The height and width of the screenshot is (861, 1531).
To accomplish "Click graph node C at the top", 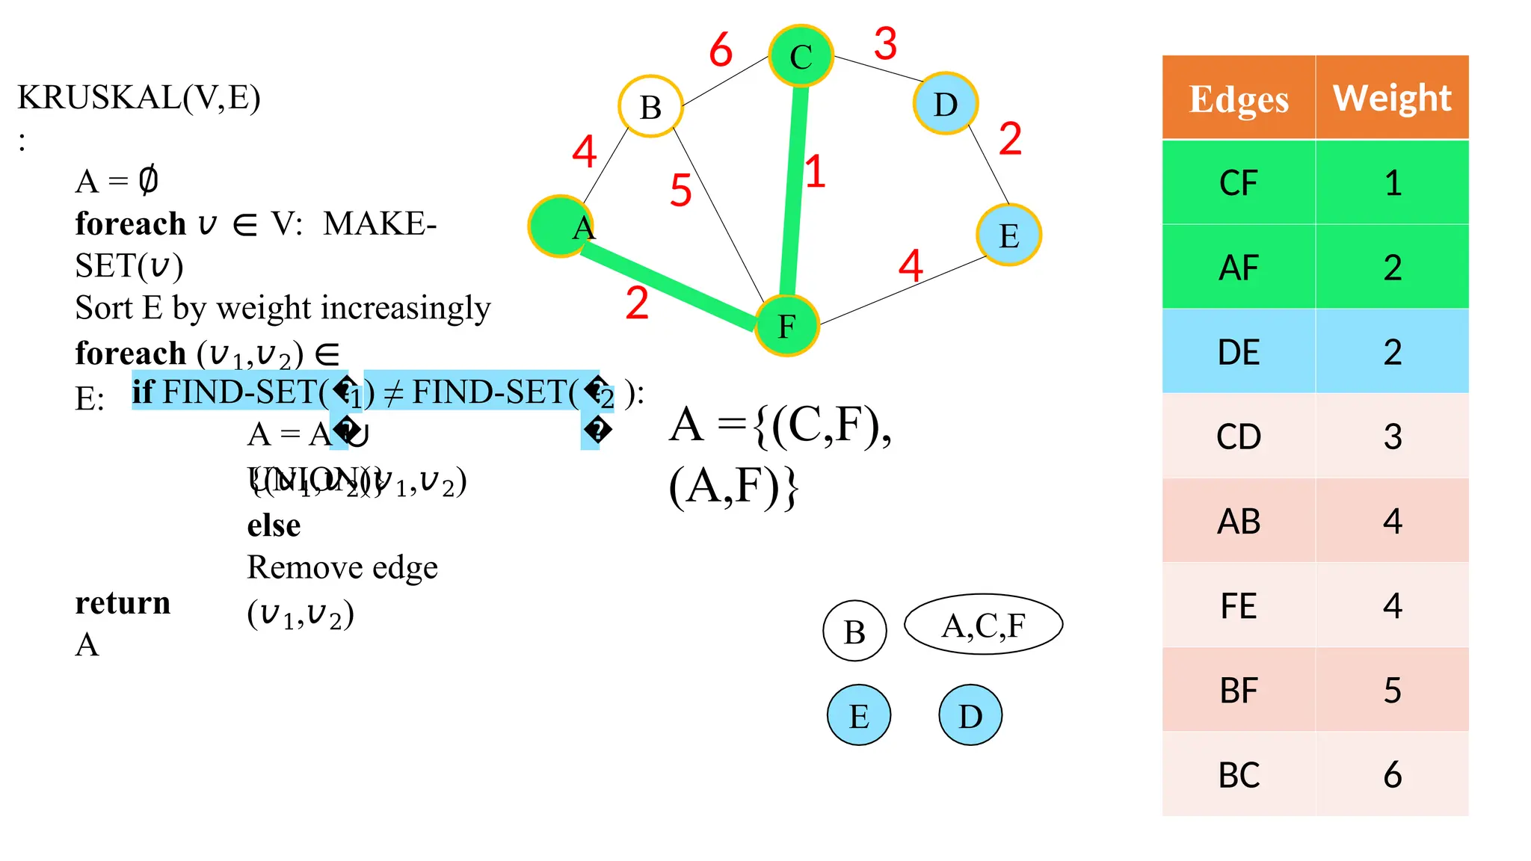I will coord(801,56).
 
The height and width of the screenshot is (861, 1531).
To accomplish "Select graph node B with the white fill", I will coord(650,107).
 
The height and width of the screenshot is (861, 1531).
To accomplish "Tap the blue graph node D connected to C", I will coord(945,104).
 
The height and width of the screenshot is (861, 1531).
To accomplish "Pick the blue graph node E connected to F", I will coord(1008,235).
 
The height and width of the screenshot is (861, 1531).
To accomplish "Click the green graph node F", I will coord(786,326).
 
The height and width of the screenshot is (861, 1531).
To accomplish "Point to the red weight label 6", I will coord(721,50).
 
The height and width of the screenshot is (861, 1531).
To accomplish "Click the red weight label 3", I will coord(885,43).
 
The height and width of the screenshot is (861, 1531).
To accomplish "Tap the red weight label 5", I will coord(680,190).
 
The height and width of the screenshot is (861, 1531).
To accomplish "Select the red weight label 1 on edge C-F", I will coord(815,171).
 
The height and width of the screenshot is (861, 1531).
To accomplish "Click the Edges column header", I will coord(1239,99).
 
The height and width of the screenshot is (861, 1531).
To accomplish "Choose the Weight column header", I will coord(1392,98).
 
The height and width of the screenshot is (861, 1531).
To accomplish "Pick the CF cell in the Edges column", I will coord(1239,183).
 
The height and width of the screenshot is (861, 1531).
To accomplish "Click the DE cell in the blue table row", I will coord(1239,352).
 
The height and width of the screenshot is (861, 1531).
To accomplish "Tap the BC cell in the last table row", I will coord(1239,775).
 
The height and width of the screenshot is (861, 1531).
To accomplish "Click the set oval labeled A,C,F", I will coord(983,625).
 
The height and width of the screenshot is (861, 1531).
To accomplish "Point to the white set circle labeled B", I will coord(854,632).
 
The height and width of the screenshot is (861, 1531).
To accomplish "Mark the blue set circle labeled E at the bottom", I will coord(859,716).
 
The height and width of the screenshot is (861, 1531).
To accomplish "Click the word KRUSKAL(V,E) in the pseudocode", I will coord(139,97).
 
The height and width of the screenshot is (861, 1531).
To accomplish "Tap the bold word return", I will coord(123,602).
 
